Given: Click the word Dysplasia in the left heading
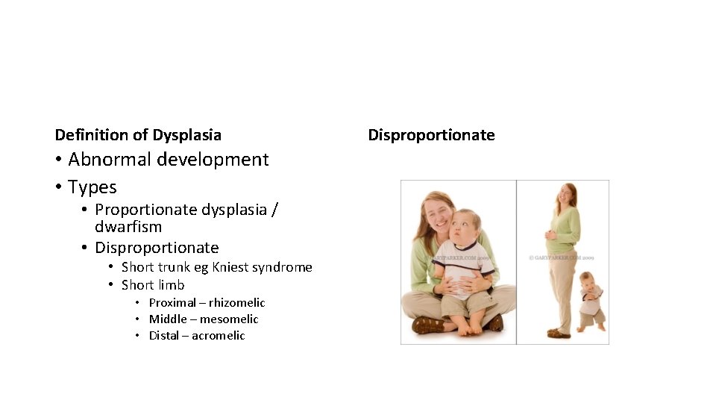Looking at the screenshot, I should (x=186, y=135).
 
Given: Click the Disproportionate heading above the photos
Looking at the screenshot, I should (x=431, y=135).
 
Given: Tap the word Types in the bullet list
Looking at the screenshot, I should (x=92, y=187).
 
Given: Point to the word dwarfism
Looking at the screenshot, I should (x=128, y=227).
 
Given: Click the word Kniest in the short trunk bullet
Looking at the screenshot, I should (x=229, y=267).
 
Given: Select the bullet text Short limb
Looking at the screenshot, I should (x=153, y=285).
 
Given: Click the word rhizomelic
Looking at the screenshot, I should (x=236, y=303).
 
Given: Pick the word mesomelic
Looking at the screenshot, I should (x=229, y=319).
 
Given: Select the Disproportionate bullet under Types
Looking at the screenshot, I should (x=157, y=248).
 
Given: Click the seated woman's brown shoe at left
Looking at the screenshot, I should (x=427, y=325).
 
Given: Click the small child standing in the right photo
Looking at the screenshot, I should (x=591, y=302).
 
